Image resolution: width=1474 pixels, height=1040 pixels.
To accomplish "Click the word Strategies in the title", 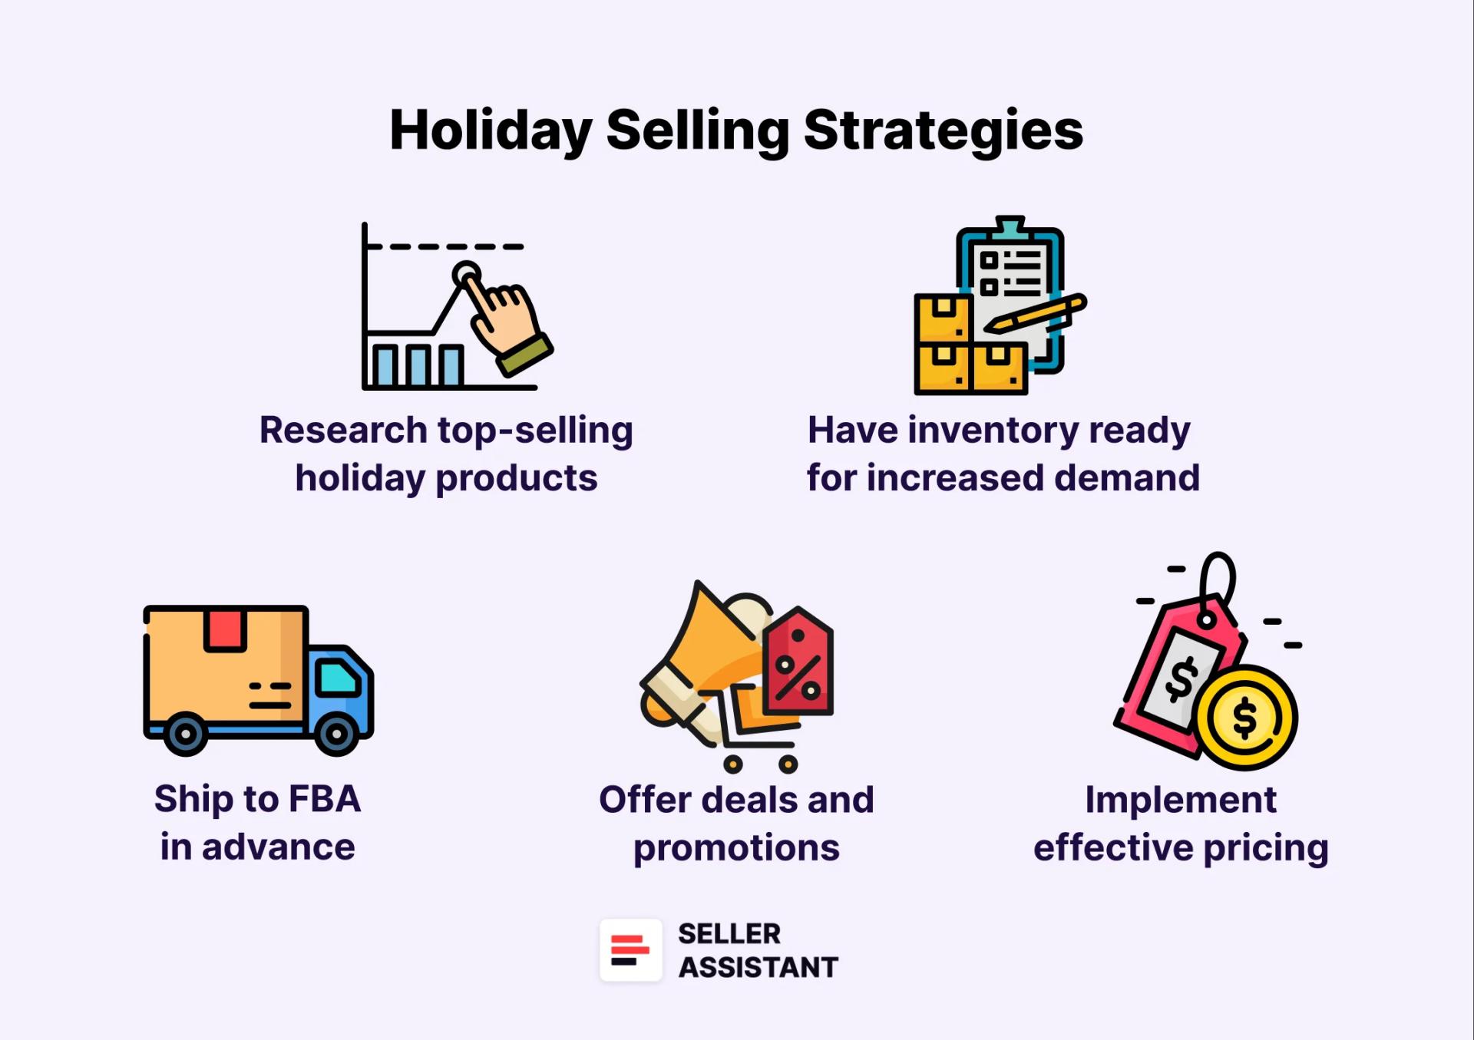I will click(943, 130).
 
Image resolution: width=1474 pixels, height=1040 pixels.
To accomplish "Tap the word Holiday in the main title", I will click(491, 130).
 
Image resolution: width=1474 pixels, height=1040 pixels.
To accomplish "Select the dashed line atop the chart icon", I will click(445, 246).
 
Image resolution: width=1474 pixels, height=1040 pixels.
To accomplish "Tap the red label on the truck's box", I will click(225, 629).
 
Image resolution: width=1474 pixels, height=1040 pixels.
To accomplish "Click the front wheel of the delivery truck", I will click(336, 734).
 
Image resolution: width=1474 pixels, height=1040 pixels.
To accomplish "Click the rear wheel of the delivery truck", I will click(185, 734).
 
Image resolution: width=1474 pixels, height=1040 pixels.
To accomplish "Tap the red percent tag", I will click(798, 664).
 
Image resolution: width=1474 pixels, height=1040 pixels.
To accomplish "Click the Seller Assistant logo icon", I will click(630, 950).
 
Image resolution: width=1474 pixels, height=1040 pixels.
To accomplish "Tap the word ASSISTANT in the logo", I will click(758, 967).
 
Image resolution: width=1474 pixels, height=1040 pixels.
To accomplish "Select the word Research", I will click(343, 430).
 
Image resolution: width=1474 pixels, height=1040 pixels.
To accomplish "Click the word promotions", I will click(736, 847).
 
